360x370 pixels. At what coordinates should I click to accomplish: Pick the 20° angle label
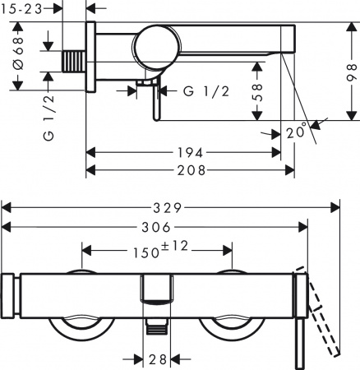click(298, 130)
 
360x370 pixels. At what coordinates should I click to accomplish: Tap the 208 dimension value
click(189, 169)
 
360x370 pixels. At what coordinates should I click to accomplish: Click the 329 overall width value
click(172, 207)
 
